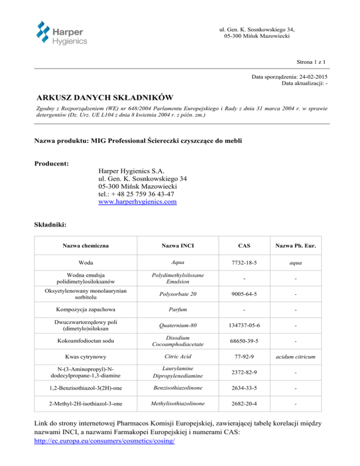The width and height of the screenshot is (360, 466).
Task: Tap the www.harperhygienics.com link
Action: pyautogui.click(x=137, y=202)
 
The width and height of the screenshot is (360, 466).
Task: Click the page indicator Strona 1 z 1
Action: pyautogui.click(x=311, y=61)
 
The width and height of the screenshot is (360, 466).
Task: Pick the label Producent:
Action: pyautogui.click(x=52, y=164)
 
